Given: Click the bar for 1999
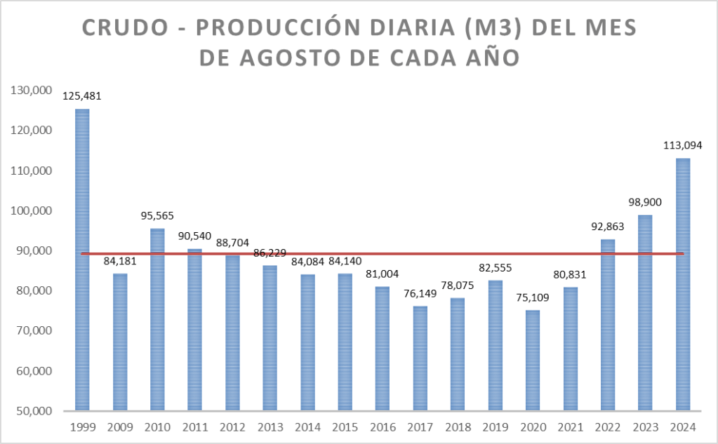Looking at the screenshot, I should pyautogui.click(x=82, y=260).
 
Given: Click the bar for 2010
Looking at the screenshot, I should pyautogui.click(x=157, y=319).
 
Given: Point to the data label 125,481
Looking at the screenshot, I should pyautogui.click(x=82, y=97).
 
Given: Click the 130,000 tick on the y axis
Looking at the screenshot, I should pyautogui.click(x=29, y=90).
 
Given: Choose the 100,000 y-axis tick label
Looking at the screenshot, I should pyautogui.click(x=29, y=210).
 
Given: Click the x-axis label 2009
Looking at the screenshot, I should pyautogui.click(x=120, y=426).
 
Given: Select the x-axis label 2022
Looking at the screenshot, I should pyautogui.click(x=608, y=426).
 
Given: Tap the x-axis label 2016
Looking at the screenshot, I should pyautogui.click(x=383, y=426).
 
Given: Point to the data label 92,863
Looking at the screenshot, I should pyautogui.click(x=608, y=227).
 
